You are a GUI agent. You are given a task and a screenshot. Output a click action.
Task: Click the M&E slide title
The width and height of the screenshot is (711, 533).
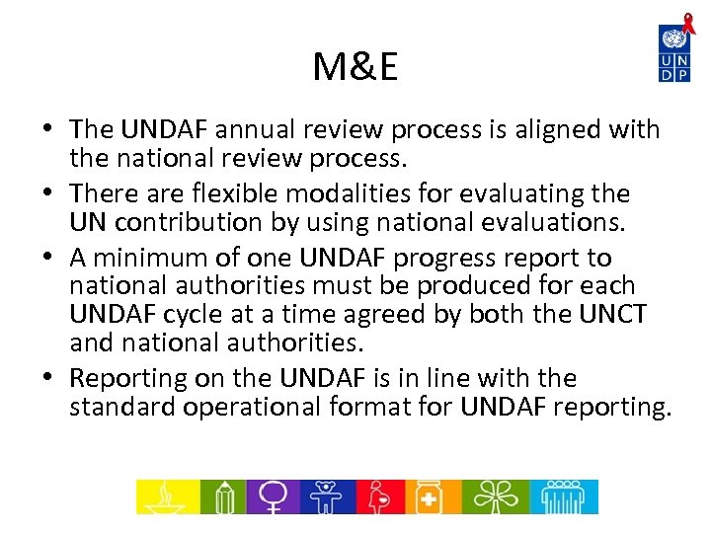pyautogui.click(x=355, y=67)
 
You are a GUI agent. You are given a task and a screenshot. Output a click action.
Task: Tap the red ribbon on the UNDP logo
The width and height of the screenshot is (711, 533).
pyautogui.click(x=688, y=20)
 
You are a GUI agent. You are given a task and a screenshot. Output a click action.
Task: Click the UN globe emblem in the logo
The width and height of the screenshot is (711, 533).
pyautogui.click(x=673, y=39)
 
